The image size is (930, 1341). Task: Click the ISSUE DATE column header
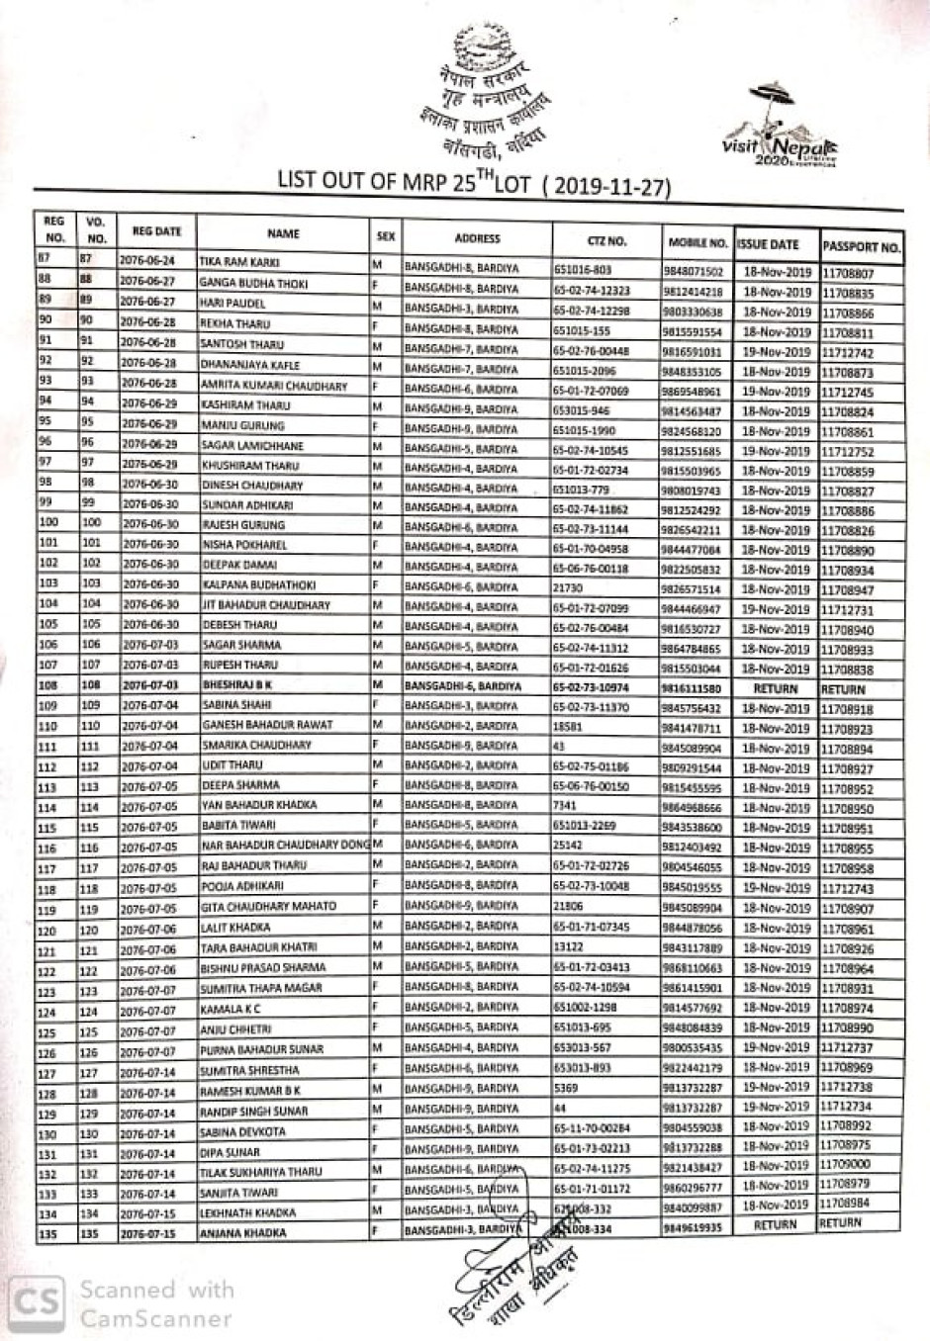pos(769,243)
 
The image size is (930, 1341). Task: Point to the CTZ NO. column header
pos(606,239)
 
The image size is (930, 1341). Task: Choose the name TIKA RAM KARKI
pos(240,262)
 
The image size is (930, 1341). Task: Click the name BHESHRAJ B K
pos(237,684)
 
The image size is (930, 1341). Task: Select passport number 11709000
pos(846,1165)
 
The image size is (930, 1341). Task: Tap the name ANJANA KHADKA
pos(243,1233)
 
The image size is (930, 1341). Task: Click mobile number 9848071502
pos(694,271)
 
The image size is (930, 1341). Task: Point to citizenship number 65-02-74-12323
pos(592,291)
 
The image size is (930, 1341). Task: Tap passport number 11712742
pos(847,352)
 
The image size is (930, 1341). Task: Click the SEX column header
pos(386,236)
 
